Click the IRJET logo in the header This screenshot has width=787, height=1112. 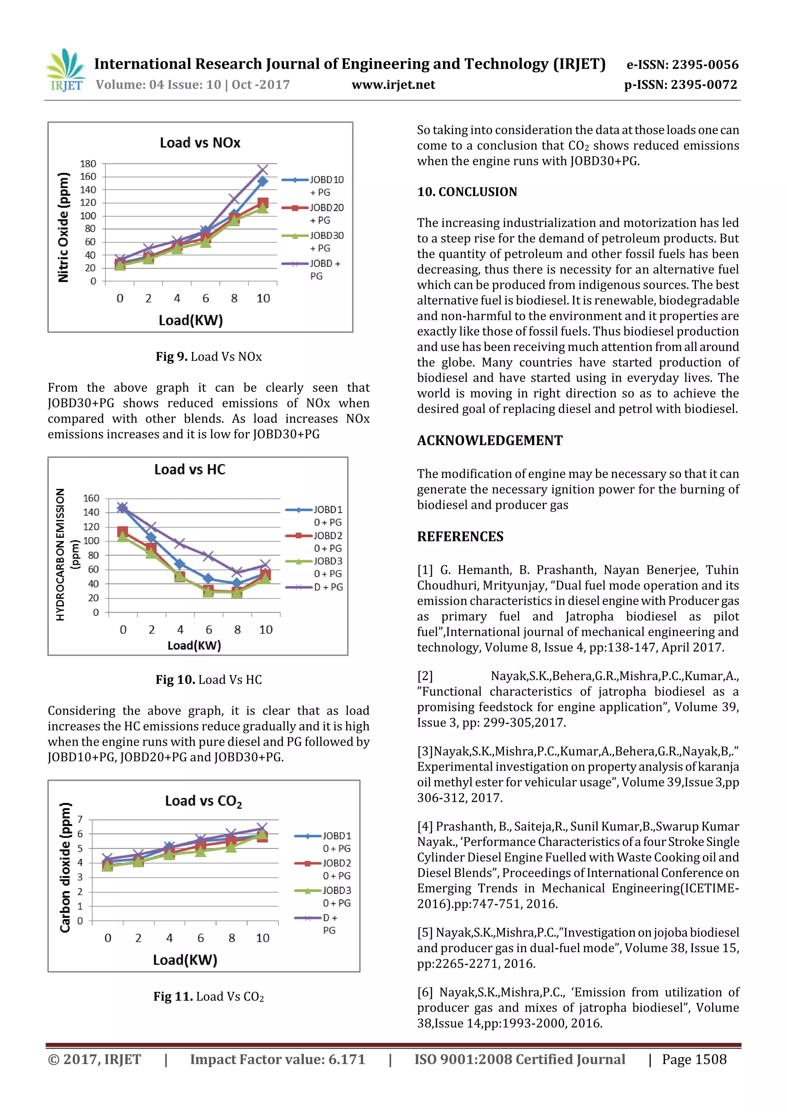[66, 71]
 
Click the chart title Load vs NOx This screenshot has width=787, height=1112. [200, 143]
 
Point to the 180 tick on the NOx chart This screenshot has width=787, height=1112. [88, 164]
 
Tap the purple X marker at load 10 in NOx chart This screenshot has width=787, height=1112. [263, 169]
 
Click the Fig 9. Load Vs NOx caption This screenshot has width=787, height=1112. [208, 357]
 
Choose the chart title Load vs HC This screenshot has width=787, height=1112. [189, 469]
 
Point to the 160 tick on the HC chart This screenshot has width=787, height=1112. [91, 498]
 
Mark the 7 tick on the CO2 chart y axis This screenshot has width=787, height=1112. [80, 819]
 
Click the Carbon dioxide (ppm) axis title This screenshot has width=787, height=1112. [65, 867]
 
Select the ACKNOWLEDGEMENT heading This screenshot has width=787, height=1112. [490, 440]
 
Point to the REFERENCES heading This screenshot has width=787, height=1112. [460, 537]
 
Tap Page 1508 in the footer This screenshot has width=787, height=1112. [694, 1059]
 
